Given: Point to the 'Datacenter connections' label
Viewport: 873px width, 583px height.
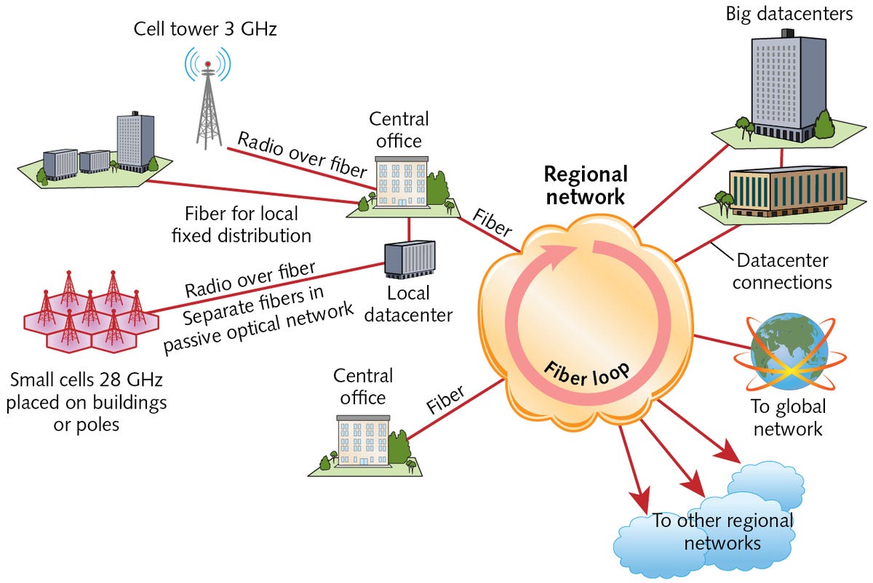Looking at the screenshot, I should click(780, 270).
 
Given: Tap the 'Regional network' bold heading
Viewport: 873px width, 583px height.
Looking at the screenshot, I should click(586, 185).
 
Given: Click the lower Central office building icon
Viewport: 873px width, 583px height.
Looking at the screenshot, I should click(364, 441).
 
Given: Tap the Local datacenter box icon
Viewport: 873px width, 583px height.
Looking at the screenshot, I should click(410, 259).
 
